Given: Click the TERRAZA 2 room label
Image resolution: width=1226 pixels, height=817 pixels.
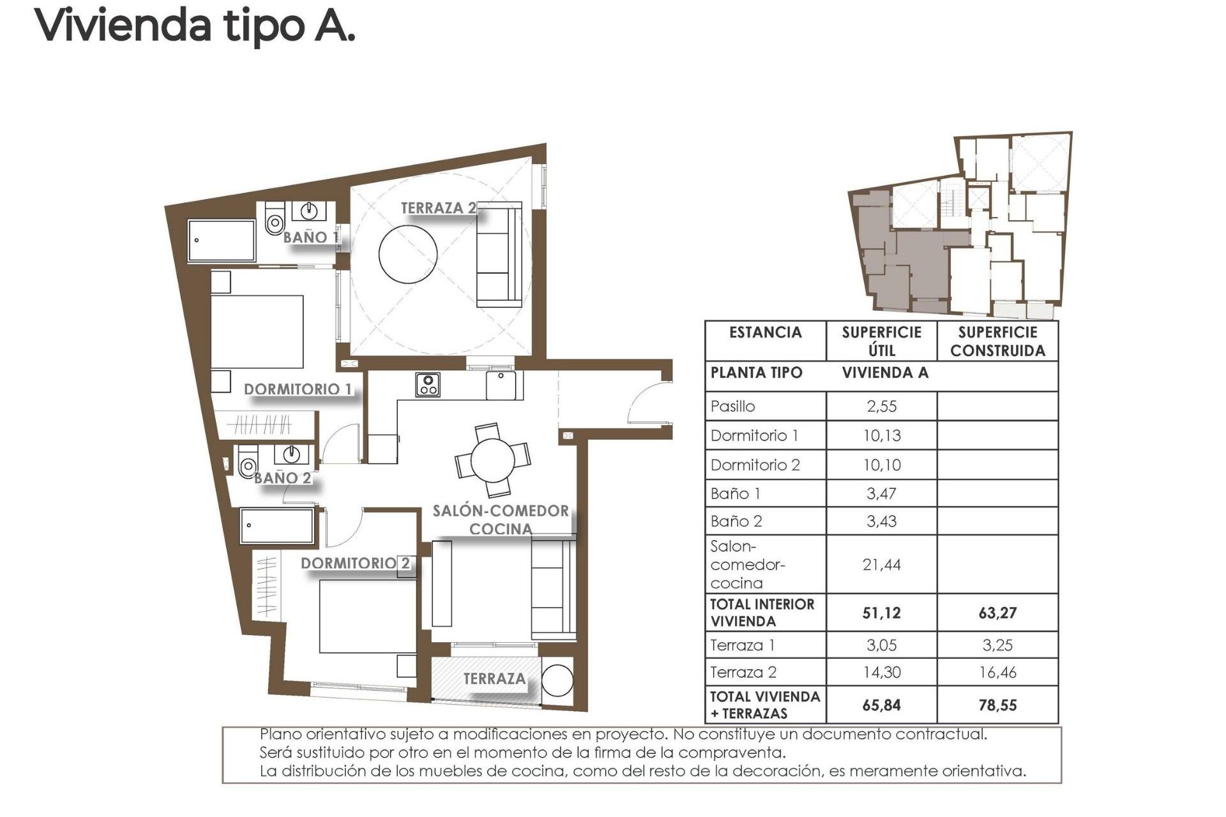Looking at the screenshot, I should pyautogui.click(x=438, y=208).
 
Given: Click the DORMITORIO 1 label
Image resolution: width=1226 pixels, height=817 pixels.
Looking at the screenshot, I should pyautogui.click(x=298, y=389).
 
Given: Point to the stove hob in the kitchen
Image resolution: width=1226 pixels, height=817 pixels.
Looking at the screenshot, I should pyautogui.click(x=427, y=385).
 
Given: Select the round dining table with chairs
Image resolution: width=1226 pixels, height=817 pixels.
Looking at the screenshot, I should pyautogui.click(x=492, y=460).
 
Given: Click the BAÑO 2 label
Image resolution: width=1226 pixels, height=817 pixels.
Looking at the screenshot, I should pyautogui.click(x=282, y=478).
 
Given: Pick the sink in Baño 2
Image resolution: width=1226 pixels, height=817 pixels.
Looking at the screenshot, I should pyautogui.click(x=292, y=454).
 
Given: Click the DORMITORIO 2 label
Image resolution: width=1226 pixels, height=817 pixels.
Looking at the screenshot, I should pyautogui.click(x=355, y=563).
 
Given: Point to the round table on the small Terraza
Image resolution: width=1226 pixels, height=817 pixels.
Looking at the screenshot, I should pyautogui.click(x=557, y=681).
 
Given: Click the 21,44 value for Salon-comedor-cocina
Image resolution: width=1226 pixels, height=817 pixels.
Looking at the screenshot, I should pyautogui.click(x=881, y=564).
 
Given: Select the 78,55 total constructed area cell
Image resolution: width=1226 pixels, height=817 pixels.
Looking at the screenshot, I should pyautogui.click(x=997, y=705).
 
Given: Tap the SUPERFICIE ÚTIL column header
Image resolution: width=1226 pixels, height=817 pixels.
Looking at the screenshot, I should pyautogui.click(x=881, y=341).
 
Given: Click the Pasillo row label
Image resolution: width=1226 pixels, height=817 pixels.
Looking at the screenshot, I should pyautogui.click(x=732, y=407).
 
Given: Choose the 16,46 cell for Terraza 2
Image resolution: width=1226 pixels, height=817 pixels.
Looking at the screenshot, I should pyautogui.click(x=997, y=672).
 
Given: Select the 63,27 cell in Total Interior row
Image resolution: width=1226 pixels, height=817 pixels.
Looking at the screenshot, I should pyautogui.click(x=997, y=613).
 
